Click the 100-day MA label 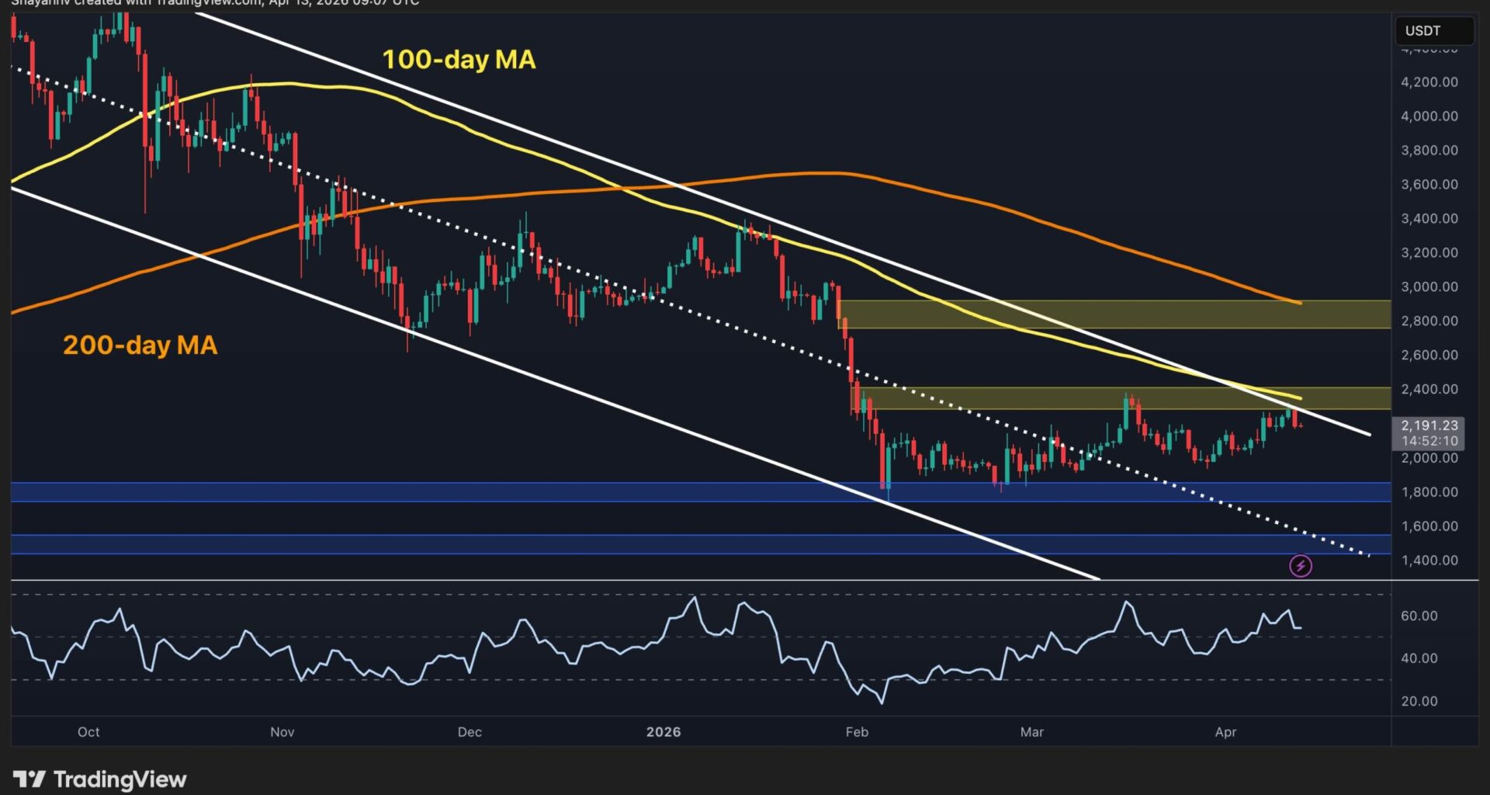459,60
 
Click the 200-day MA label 140,345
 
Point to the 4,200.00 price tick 1429,82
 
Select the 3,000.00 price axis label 1429,287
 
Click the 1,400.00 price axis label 1429,561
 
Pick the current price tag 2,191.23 1429,425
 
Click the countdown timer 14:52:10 1429,441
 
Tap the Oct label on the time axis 88,732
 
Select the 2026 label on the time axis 664,732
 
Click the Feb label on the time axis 857,732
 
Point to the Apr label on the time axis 1225,732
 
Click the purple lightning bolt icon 1301,566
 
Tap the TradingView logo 100,779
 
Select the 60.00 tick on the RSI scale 1419,616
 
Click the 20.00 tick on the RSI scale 1419,702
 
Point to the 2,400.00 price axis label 1429,390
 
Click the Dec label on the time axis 470,732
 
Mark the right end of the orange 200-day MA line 1301,303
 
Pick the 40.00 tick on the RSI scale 1419,658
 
